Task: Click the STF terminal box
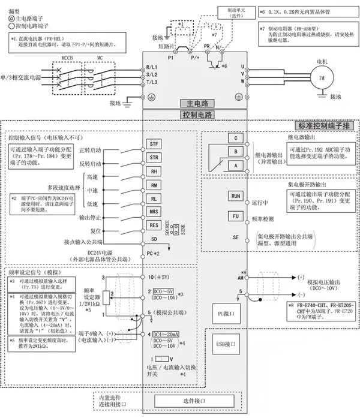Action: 154,145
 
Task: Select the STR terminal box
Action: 154,158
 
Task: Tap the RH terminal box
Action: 154,172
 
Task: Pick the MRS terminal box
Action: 154,211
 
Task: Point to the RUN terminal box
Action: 236,196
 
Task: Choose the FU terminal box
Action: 236,216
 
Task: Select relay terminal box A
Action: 236,164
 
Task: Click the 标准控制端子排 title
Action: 325,125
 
